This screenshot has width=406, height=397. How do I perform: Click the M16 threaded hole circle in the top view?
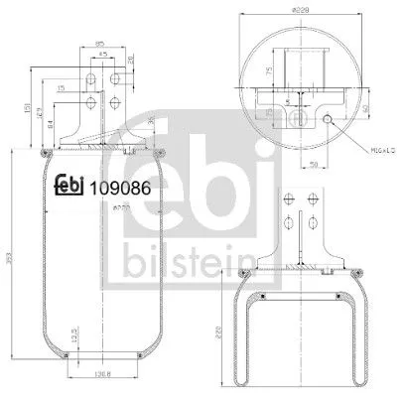[329, 121]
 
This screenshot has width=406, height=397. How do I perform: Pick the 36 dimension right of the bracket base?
[151, 122]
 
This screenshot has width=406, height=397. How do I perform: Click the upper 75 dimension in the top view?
[267, 71]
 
